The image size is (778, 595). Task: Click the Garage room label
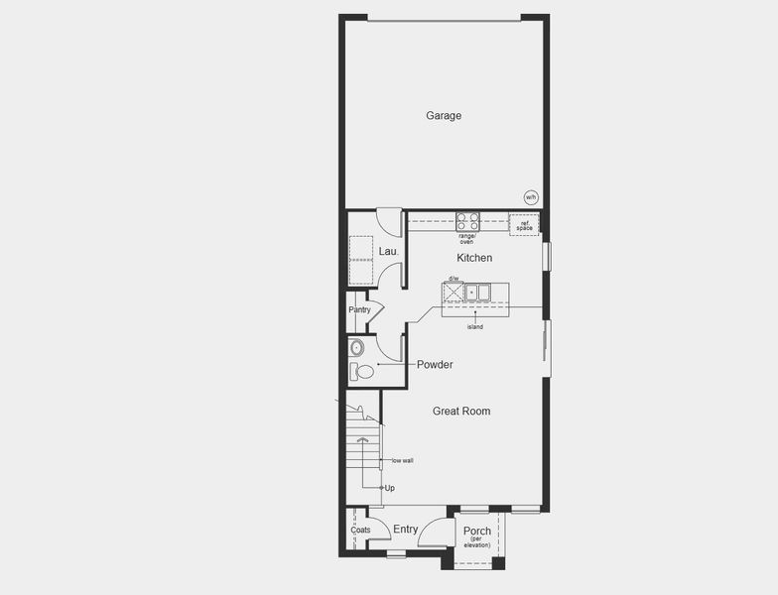(444, 116)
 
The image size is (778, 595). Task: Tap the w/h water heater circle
(531, 197)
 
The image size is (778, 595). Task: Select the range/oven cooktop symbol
(467, 221)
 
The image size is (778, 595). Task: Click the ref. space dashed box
(524, 224)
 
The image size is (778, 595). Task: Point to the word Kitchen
(474, 258)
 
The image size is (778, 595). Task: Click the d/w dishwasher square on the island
(454, 292)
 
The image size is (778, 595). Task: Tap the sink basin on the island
(478, 292)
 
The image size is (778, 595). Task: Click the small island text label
(475, 326)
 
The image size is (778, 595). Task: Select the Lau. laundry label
(388, 252)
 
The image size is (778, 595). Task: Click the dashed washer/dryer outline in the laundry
(360, 260)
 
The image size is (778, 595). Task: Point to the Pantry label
(359, 309)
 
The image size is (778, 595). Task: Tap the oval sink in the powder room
(357, 348)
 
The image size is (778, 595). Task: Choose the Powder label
(435, 365)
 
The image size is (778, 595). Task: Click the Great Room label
(461, 411)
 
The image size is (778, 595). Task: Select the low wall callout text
(402, 460)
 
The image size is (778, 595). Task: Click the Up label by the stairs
(390, 488)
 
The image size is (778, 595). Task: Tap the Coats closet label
(360, 530)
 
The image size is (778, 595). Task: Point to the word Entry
(406, 530)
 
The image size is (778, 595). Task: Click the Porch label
(477, 531)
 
